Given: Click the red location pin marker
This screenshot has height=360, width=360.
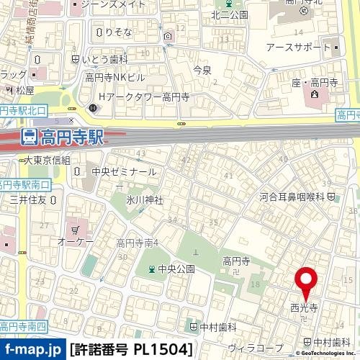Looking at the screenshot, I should (x=307, y=282).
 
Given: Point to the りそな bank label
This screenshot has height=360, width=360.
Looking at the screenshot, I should (x=117, y=32).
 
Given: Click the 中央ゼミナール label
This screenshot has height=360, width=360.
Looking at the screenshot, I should (x=124, y=172).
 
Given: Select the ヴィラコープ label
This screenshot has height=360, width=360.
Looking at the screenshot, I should (x=249, y=348).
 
